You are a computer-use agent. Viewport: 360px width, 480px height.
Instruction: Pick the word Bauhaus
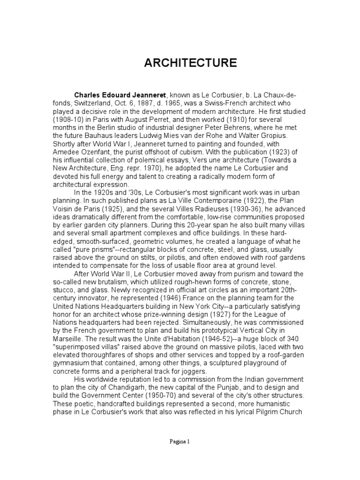click(x=91, y=135)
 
